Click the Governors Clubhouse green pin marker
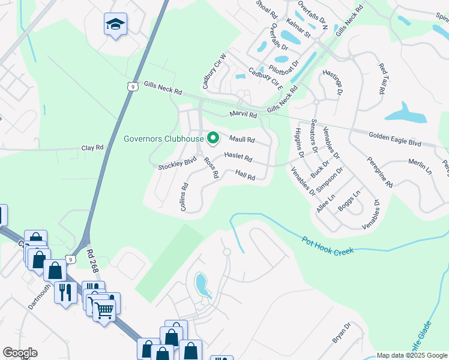(x=212, y=139)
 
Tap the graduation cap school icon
(x=115, y=25)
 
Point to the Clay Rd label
(x=92, y=147)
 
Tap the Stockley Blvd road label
(x=177, y=163)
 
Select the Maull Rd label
(x=242, y=140)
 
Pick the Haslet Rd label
(x=238, y=157)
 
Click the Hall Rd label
(x=246, y=176)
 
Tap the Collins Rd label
(x=185, y=197)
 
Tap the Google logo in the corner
(x=20, y=353)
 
